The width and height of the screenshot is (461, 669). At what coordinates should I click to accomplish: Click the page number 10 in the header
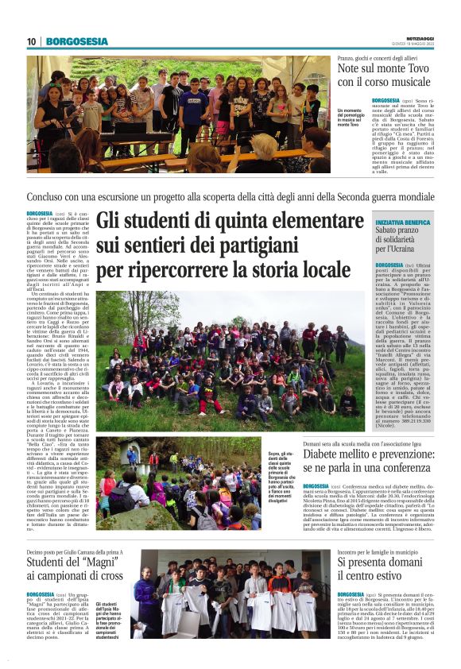click(x=32, y=41)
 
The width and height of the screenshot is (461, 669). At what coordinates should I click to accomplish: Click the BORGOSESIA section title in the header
click(x=77, y=41)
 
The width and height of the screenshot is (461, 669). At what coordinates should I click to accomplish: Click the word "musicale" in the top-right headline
click(x=406, y=82)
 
